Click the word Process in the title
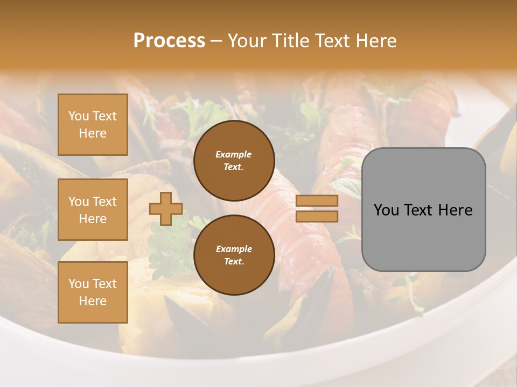click(x=169, y=41)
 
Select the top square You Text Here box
click(x=93, y=125)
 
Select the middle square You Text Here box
click(x=93, y=210)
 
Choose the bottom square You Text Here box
click(x=93, y=292)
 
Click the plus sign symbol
click(x=166, y=209)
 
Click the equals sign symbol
click(x=317, y=209)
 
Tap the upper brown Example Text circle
click(x=234, y=161)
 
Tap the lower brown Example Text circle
click(x=234, y=255)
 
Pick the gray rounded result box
click(x=423, y=210)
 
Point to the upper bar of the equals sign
click(x=317, y=201)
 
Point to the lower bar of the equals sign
click(x=317, y=216)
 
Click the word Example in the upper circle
click(x=234, y=155)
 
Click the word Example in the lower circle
click(x=234, y=249)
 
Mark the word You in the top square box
click(x=79, y=116)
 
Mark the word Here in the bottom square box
click(x=93, y=301)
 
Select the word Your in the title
click(x=247, y=41)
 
